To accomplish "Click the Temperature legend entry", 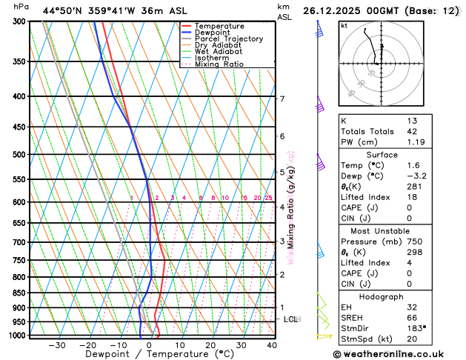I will (x=221, y=26).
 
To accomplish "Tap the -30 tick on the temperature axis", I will (x=57, y=345).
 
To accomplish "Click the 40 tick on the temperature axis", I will (x=272, y=345).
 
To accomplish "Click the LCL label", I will (x=291, y=319).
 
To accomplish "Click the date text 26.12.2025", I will (x=335, y=11).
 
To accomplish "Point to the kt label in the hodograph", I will (x=344, y=26).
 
